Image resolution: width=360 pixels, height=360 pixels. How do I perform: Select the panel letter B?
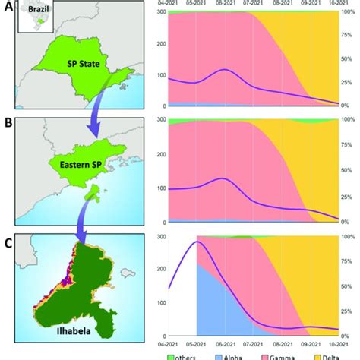(6, 121)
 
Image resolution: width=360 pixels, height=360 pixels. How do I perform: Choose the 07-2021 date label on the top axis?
(251, 5)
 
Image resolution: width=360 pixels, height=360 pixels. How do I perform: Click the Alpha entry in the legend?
(237, 355)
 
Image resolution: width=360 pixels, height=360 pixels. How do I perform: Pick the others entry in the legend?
(188, 355)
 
